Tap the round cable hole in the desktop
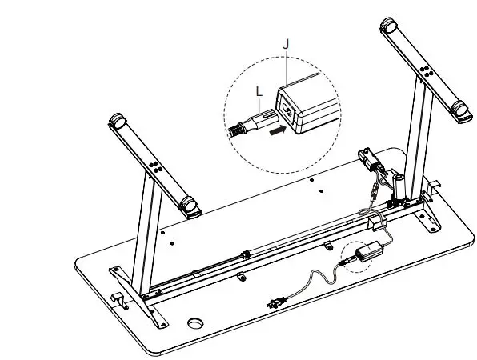coord(195,326)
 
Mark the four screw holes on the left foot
coord(155,169)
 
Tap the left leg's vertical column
coord(147,232)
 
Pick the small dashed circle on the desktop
coord(353,258)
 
